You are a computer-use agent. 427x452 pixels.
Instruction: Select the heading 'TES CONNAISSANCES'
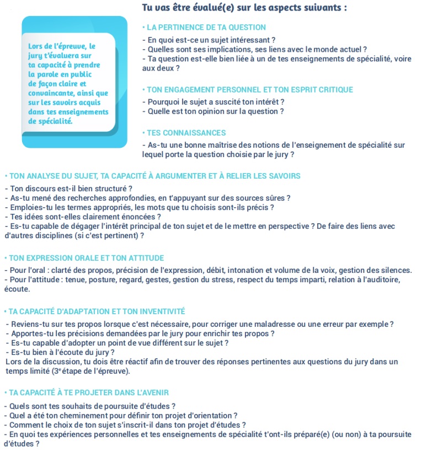[x=186, y=133]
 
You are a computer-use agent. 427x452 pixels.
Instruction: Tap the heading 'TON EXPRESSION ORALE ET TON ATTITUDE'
[x=86, y=258]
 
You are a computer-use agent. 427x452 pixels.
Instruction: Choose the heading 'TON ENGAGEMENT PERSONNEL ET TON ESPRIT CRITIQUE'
[x=249, y=90]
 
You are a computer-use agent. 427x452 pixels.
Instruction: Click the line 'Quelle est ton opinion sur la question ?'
[x=213, y=112]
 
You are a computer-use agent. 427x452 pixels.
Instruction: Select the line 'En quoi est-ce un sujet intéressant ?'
[x=209, y=40]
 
